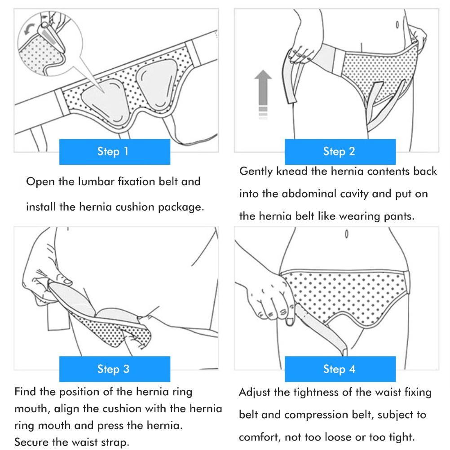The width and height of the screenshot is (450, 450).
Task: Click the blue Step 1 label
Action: coord(115,151)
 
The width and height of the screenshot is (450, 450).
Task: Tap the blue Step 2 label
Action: coord(340,151)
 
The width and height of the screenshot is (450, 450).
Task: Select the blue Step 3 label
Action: coord(115,369)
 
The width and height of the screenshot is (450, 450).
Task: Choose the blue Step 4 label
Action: coord(340,369)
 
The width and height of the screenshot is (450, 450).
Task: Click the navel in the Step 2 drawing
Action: coord(397,25)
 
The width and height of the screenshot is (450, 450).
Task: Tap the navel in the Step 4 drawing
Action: coord(347,234)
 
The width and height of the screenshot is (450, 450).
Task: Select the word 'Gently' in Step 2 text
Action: coord(256,172)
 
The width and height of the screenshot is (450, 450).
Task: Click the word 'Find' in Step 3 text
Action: coord(25,392)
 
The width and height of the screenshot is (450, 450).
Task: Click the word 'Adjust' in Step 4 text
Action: coord(255,393)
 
